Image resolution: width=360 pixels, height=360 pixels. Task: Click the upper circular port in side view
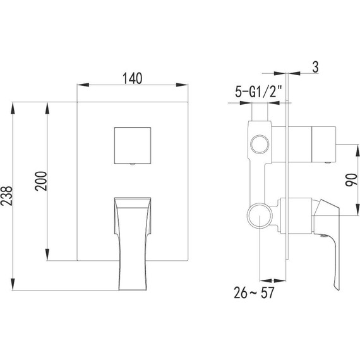click(x=258, y=145)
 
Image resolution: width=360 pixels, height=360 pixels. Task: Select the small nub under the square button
click(x=131, y=165)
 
